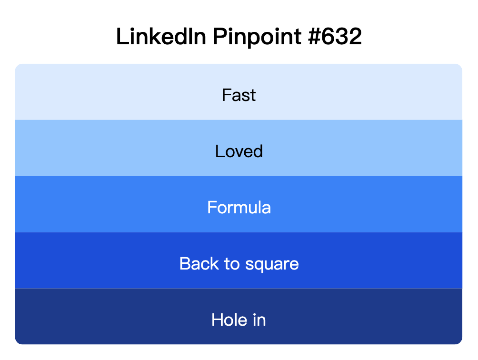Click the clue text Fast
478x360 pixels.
[239, 95]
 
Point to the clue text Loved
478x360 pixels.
[239, 151]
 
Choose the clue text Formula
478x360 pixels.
[239, 208]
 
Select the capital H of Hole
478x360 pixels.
[217, 320]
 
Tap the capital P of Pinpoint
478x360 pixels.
[219, 37]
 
